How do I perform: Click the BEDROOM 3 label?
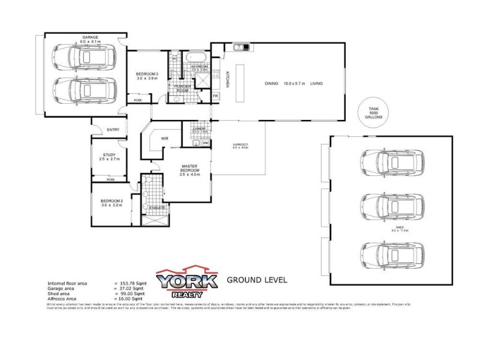coord(146,74)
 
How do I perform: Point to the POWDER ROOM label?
coord(182,88)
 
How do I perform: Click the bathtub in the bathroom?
coord(196,58)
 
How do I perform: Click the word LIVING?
coord(317,83)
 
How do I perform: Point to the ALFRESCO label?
coord(240,145)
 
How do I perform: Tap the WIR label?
coord(164,139)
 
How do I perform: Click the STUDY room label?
coord(109,155)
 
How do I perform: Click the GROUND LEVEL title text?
coord(257,280)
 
